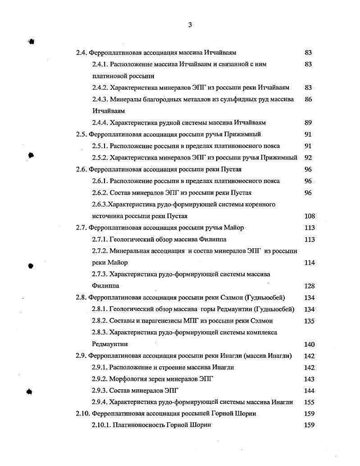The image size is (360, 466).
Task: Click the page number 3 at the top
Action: [190, 25]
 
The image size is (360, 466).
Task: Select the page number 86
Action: [308, 99]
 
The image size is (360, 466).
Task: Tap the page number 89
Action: [308, 123]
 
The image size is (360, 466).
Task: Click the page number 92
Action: [308, 158]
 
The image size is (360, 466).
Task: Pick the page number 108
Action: [310, 216]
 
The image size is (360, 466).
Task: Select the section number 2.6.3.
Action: [100, 204]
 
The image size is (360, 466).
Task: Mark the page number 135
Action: [310, 321]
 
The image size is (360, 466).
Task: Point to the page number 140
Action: [310, 344]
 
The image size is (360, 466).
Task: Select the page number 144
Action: [310, 391]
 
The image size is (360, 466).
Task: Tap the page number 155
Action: [310, 402]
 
